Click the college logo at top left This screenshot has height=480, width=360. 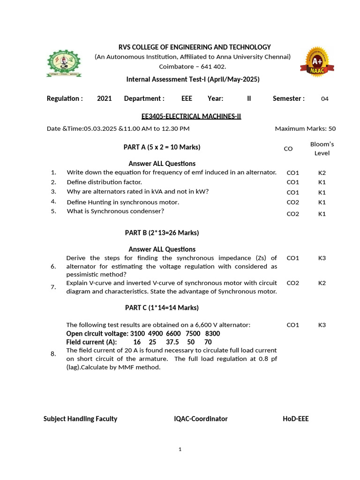point(63,63)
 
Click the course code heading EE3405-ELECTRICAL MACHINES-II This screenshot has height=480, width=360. point(191,116)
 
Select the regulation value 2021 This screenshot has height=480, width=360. point(104,98)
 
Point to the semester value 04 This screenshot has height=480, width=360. point(325,99)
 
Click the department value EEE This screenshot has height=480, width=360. point(187,98)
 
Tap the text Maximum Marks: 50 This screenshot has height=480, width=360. point(305,128)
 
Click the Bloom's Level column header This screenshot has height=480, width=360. point(322,148)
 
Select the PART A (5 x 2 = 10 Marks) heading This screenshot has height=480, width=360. point(162,147)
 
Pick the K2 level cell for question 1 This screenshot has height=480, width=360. point(322,172)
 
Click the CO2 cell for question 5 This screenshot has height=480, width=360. point(292,214)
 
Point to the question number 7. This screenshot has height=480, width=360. point(53,287)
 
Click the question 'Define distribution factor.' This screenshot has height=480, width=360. point(104,182)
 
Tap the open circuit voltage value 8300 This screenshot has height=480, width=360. point(212,333)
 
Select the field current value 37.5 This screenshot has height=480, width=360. point(173,342)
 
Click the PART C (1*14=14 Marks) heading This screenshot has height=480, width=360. point(162,307)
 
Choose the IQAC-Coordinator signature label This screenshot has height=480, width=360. point(201,419)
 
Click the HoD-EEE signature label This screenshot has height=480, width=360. point(295,419)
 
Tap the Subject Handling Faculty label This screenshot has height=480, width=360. point(80,419)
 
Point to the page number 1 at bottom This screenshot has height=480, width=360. point(180,450)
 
